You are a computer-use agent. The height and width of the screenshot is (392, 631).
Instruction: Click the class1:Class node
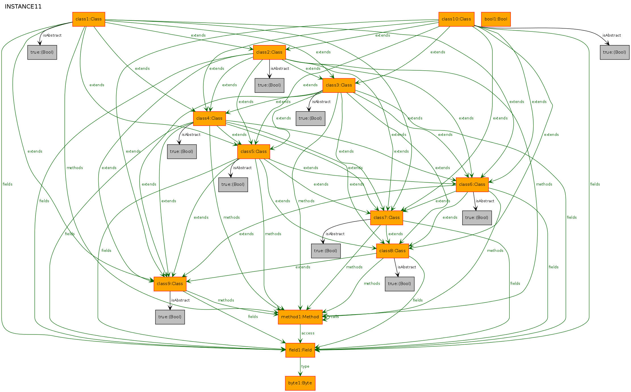point(89,19)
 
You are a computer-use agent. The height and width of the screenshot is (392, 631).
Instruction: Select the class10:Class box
point(456,19)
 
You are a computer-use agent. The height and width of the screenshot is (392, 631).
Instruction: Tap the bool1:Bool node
point(496,19)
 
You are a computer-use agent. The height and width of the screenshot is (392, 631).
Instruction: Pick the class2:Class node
point(269,52)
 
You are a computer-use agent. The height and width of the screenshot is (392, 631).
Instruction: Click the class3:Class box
point(339,85)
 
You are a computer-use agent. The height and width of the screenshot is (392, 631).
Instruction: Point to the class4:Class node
point(209,119)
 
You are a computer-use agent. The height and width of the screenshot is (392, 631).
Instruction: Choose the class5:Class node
point(254,152)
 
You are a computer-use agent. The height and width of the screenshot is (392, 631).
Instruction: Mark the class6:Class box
point(472,185)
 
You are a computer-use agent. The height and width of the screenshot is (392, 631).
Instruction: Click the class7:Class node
point(387,218)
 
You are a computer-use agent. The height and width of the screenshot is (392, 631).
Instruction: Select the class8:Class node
point(393,251)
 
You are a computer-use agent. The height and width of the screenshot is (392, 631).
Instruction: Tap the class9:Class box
point(170,284)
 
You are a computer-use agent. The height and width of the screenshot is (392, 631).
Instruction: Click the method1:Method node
point(300,317)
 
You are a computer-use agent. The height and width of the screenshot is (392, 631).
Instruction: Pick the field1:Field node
point(300,350)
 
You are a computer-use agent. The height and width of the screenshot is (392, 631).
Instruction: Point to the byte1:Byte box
point(300,383)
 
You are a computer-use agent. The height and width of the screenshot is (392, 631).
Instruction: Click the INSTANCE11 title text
point(23,7)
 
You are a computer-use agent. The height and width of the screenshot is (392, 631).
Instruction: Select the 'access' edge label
point(308,333)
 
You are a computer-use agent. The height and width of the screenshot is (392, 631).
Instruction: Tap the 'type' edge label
point(305,366)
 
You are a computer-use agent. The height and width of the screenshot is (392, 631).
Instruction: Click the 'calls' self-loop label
point(335,317)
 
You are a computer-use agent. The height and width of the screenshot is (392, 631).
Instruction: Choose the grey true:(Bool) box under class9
point(170,317)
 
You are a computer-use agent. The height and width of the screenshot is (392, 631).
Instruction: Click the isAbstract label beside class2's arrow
point(280,69)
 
